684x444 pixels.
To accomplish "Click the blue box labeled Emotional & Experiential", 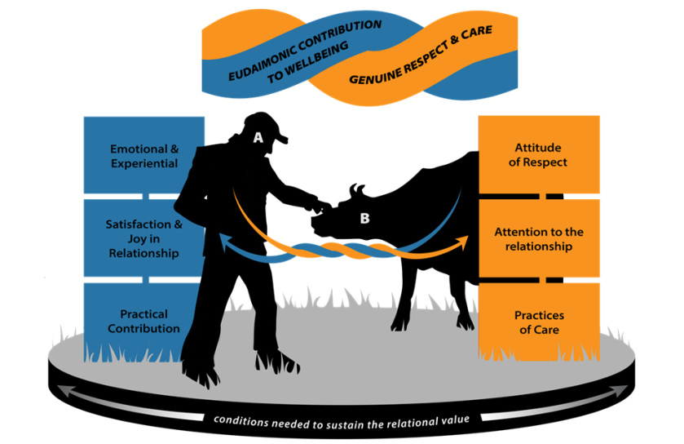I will (143, 155).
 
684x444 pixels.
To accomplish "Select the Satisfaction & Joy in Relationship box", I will (143, 238).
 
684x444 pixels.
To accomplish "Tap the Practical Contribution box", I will (143, 321).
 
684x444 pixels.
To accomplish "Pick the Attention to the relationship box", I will (539, 239).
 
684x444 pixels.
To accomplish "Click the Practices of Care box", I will (539, 322).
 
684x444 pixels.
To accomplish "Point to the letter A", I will (258, 138).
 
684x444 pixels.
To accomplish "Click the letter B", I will (364, 219).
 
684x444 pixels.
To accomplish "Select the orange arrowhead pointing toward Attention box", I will (464, 240).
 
